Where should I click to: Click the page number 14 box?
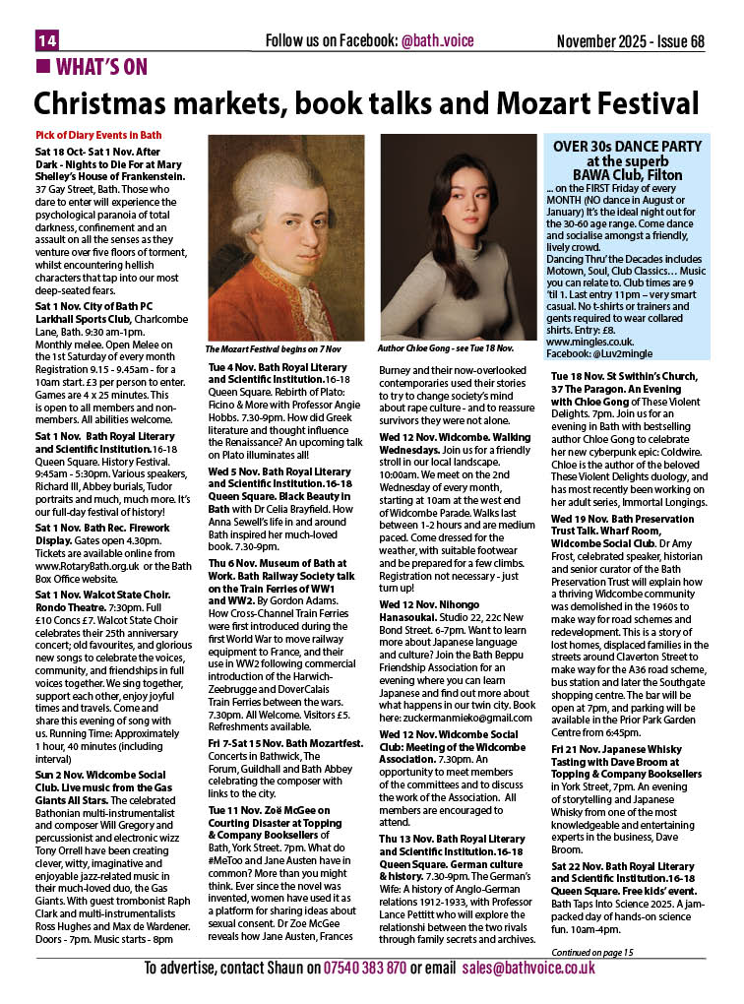click(x=48, y=40)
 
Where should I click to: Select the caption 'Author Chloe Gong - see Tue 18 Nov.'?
click(x=446, y=348)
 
